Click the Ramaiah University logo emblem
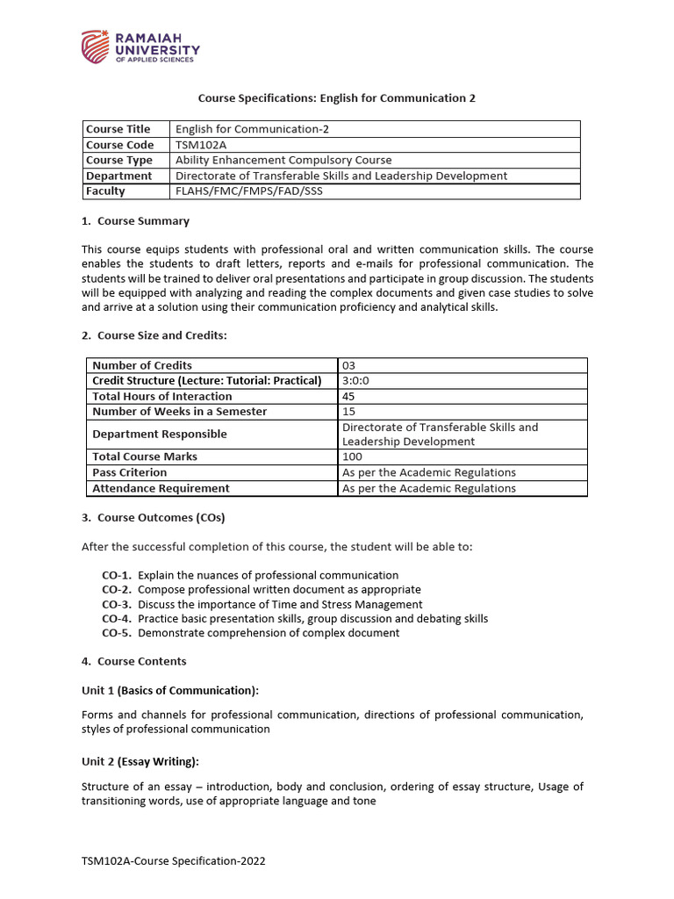(96, 47)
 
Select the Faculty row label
(105, 191)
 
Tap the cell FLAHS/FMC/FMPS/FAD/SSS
(249, 191)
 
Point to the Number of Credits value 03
(349, 365)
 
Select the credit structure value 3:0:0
(356, 381)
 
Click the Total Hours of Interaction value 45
(349, 396)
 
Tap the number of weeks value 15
(348, 412)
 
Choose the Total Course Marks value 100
(352, 457)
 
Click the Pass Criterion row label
(129, 472)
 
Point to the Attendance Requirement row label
(161, 488)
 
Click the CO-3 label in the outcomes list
(117, 605)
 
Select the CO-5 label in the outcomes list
(117, 633)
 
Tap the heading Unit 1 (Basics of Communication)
(170, 690)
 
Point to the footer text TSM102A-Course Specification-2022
(173, 861)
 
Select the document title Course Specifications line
(336, 98)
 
